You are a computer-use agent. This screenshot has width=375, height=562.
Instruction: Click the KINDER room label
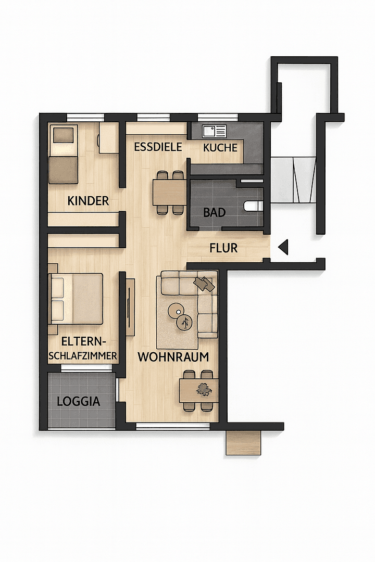[88, 200]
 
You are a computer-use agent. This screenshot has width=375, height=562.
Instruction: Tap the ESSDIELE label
[158, 147]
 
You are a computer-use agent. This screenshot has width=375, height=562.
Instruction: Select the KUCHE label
[220, 147]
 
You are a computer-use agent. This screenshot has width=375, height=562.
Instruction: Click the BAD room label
[214, 212]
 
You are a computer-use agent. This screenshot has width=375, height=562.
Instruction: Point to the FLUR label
[223, 248]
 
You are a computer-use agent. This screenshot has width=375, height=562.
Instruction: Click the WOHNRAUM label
[173, 357]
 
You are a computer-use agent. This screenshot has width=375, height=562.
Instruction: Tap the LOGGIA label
[78, 401]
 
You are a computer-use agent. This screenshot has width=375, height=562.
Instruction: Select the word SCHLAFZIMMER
[82, 356]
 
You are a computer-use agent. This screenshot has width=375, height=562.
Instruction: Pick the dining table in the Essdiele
[169, 192]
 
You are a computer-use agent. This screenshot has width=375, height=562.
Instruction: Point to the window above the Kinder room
[85, 117]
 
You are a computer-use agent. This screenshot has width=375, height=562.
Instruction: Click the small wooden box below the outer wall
[243, 443]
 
